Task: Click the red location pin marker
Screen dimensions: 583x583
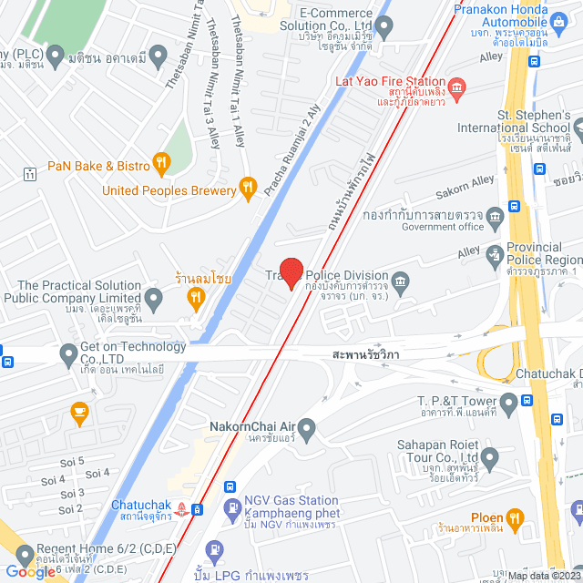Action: point(291,272)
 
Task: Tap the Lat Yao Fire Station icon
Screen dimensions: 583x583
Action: point(456,87)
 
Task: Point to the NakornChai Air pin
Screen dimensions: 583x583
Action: point(308,427)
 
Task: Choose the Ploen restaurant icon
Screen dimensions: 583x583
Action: point(515,518)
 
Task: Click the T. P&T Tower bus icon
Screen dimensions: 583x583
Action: point(508,402)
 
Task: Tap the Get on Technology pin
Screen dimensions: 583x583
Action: point(67,353)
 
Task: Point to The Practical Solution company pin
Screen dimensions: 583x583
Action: point(154,297)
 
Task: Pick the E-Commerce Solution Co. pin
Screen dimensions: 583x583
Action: point(384,27)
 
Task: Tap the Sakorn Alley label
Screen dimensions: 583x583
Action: point(464,186)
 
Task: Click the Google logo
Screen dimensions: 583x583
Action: point(29,570)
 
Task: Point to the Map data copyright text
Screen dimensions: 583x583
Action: point(543,576)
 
